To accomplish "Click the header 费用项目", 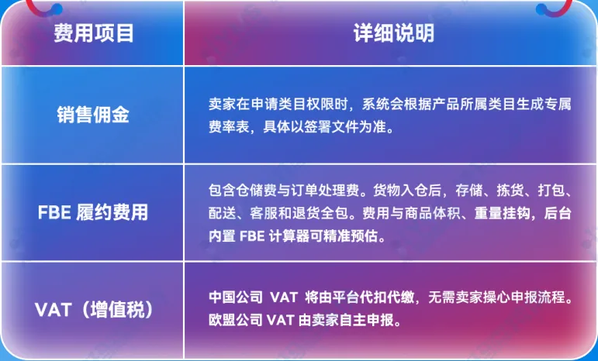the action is tap(94, 33).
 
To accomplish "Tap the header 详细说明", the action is tap(394, 33).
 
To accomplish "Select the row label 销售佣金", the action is tap(93, 115).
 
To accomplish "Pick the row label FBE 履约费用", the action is tap(93, 212).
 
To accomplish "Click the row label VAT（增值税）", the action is tap(94, 310).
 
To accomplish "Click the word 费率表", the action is tap(229, 127).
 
